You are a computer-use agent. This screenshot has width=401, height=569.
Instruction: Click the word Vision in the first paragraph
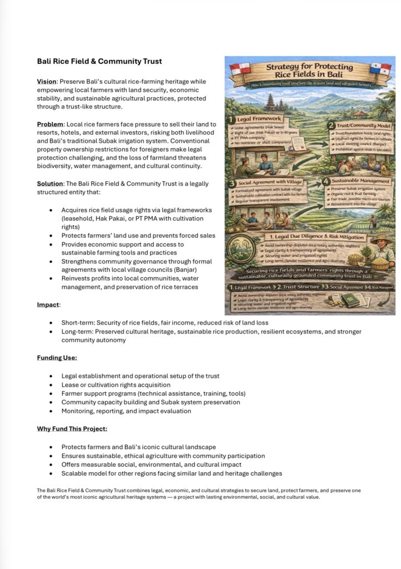pos(46,82)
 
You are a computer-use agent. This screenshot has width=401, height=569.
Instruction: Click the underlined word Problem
pos(49,124)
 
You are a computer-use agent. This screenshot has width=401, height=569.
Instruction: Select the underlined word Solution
pos(49,183)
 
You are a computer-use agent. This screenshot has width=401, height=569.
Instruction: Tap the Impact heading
pos(48,305)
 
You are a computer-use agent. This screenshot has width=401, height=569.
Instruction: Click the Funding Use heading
pos(57,358)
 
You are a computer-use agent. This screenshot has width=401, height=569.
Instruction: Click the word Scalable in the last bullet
pos(76,473)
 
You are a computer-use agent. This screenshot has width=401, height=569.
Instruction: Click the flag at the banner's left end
pos(240,69)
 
